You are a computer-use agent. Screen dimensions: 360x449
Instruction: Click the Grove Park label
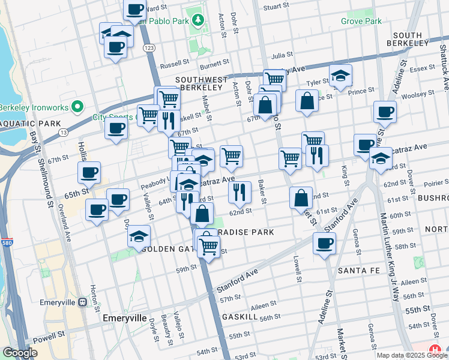click(x=361, y=21)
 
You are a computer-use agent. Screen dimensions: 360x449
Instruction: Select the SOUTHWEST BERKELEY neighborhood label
click(x=201, y=84)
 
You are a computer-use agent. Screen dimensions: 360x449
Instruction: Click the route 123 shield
click(x=149, y=47)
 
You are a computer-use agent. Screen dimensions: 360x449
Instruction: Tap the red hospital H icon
click(x=435, y=350)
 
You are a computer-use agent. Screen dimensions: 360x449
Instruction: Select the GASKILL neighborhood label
click(x=240, y=316)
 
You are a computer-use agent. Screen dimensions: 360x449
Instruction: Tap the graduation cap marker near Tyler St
click(x=340, y=76)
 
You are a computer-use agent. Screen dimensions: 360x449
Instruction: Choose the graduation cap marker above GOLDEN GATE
click(x=139, y=236)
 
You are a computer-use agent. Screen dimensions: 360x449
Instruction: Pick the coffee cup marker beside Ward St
click(x=135, y=10)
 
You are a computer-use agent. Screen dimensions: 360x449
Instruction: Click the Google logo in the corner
click(x=20, y=353)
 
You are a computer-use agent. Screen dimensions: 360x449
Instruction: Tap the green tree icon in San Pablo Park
click(x=197, y=20)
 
